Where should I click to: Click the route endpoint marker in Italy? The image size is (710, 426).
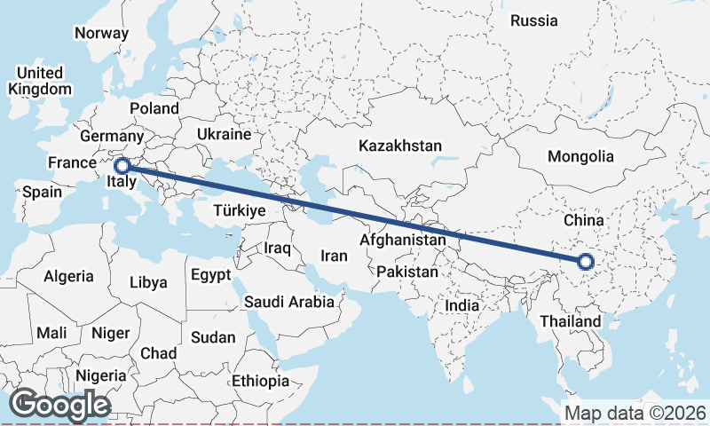123,164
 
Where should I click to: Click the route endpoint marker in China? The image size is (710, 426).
585,261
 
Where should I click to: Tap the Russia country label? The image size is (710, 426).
535,20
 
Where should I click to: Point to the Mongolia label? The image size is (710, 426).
580,156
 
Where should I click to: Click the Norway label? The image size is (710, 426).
101,33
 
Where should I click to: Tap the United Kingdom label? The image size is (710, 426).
40,81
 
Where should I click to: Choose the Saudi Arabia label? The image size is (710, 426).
289,302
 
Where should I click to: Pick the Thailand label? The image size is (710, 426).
570,321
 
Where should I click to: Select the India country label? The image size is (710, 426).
461,305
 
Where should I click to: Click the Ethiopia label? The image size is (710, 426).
260,381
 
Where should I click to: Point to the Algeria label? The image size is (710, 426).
68,276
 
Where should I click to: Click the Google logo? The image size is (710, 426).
59,405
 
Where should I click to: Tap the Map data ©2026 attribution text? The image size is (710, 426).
635,413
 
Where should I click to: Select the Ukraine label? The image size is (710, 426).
224,134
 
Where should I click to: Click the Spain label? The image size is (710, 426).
43,192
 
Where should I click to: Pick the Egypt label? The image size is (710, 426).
210,274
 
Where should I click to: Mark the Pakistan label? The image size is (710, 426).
407,272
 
